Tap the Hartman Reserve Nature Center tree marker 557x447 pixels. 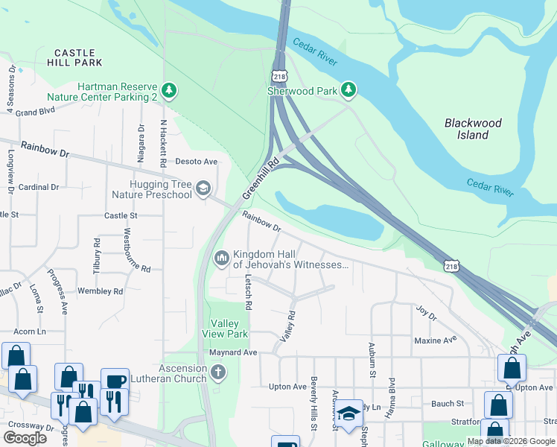[171, 91]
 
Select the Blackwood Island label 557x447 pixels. [473, 129]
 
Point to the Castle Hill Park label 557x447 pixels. [74, 57]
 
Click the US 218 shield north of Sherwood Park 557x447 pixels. [278, 76]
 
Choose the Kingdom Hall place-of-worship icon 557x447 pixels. [221, 259]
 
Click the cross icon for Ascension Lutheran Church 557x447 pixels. [217, 372]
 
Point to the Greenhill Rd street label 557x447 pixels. [260, 178]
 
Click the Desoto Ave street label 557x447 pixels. [196, 161]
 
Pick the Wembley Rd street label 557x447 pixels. [99, 291]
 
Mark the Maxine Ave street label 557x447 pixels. [435, 340]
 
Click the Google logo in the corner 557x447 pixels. [25, 438]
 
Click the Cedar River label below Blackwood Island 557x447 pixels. [490, 186]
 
